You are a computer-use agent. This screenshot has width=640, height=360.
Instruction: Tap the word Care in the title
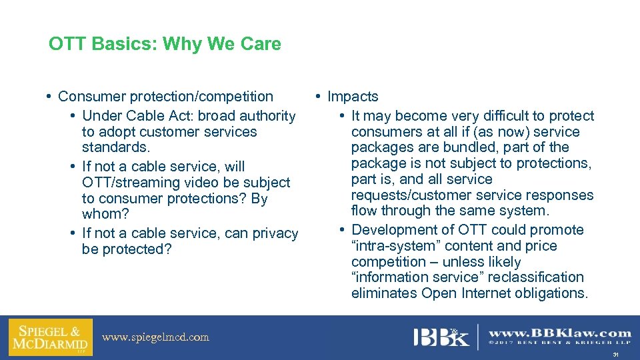pos(261,45)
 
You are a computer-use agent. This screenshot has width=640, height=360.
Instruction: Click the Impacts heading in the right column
pos(353,97)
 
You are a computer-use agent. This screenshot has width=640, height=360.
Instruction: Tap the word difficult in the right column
pos(503,116)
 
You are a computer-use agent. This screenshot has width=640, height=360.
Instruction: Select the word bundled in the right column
pos(499,147)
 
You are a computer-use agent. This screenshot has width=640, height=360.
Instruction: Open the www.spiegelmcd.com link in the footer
pos(155,337)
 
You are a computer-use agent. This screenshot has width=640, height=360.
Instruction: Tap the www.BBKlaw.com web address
pos(560,333)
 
